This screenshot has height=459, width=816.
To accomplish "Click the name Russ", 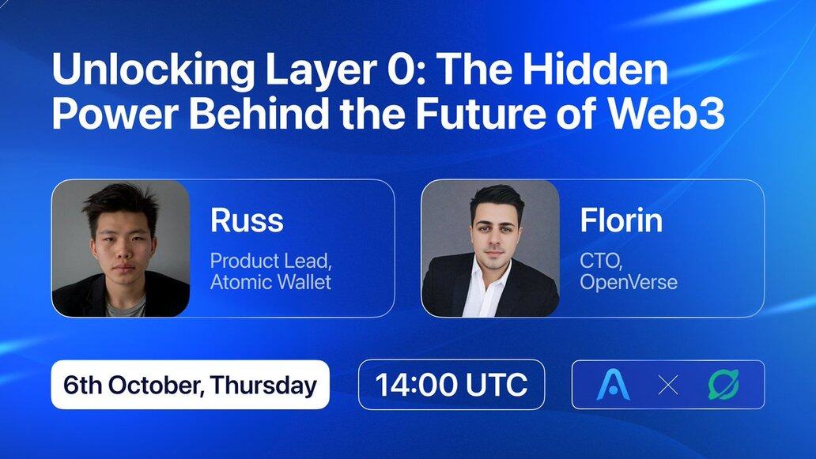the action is click(x=247, y=220).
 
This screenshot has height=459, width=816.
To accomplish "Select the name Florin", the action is click(x=621, y=220).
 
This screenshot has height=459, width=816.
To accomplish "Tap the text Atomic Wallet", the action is click(x=270, y=282).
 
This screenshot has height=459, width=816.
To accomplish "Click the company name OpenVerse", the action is click(x=629, y=282).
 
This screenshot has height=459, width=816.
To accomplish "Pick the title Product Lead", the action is click(x=270, y=261).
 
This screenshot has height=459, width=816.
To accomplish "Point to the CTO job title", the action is click(x=601, y=261).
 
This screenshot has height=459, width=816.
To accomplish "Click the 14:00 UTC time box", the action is click(x=451, y=385).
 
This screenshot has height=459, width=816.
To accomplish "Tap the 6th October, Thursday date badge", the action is click(x=190, y=385).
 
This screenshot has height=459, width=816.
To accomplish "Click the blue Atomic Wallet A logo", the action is click(x=613, y=385).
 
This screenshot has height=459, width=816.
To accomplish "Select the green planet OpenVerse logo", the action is click(x=723, y=385).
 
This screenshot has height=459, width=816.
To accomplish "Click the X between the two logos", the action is click(x=668, y=386).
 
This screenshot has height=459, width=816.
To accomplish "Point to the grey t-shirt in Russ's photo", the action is click(x=127, y=307).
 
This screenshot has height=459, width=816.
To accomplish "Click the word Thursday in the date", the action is click(x=264, y=386).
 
